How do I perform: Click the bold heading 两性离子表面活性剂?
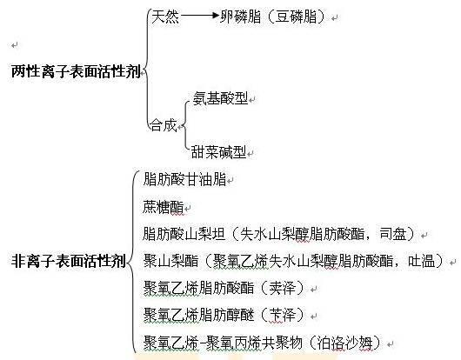click(76, 71)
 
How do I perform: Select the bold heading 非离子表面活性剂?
click(69, 261)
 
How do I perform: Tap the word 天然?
click(165, 17)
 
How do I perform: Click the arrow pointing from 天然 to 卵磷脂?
click(200, 16)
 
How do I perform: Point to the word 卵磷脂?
click(240, 17)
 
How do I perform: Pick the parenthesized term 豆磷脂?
click(296, 17)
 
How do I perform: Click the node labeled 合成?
click(164, 125)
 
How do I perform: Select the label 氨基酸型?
click(220, 98)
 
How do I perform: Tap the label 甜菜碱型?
click(218, 152)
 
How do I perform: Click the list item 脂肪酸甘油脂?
click(184, 179)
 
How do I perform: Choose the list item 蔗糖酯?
click(164, 207)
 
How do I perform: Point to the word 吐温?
click(422, 261)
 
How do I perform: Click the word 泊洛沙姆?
click(344, 343)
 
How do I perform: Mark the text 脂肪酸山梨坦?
click(184, 234)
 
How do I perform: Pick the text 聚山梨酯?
click(170, 261)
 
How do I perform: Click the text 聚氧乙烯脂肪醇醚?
click(198, 315)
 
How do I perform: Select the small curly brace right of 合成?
click(185, 125)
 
